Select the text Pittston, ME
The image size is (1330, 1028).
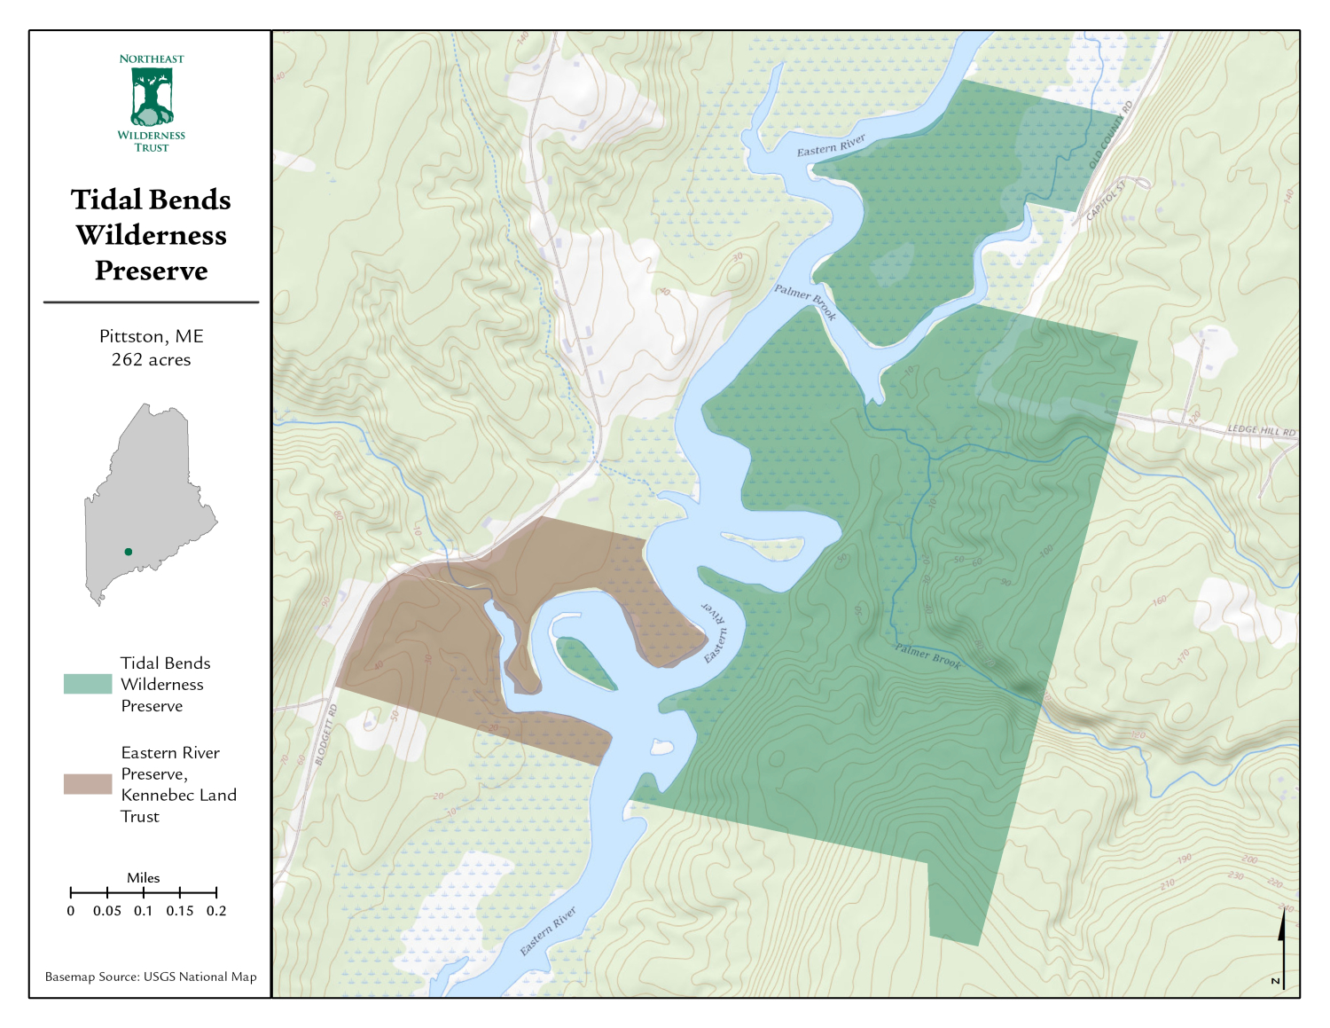[x=151, y=336]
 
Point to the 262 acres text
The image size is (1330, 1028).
[x=151, y=360]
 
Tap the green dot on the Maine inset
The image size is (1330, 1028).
[x=129, y=552]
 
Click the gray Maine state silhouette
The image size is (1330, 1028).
[x=146, y=497]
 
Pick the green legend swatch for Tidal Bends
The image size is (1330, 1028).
[x=88, y=684]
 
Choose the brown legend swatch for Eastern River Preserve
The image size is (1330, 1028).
[x=88, y=784]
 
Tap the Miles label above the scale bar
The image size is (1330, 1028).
[x=143, y=878]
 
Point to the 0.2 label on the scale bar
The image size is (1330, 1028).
[x=216, y=911]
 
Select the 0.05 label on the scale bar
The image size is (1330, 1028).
[x=107, y=911]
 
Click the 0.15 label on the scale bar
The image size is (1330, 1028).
[x=180, y=911]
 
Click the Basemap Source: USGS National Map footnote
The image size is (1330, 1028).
[x=151, y=977]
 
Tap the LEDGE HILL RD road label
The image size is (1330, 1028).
[x=1261, y=431]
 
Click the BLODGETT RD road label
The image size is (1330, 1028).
[x=325, y=735]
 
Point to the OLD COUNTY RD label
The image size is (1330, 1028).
[x=1111, y=135]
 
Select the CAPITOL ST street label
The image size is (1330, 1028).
[x=1106, y=201]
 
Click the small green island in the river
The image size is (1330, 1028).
[x=585, y=663]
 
